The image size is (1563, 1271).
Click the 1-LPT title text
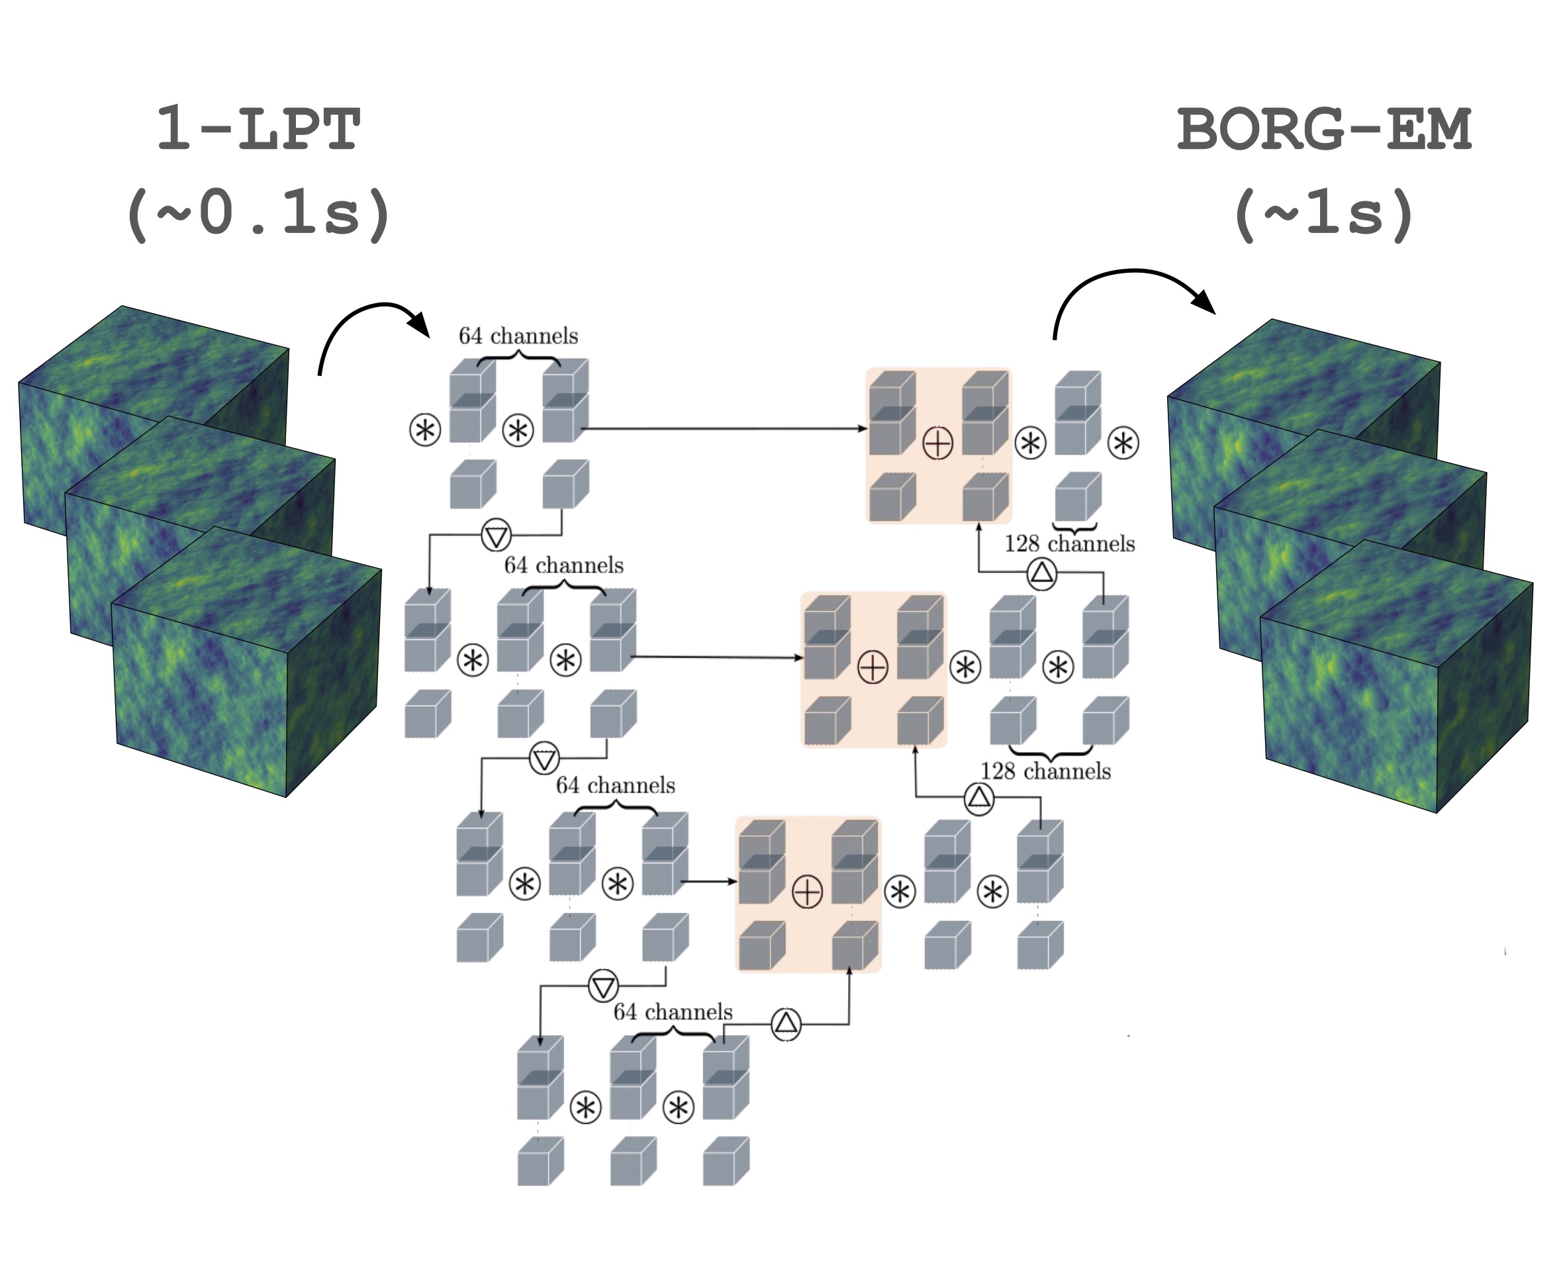point(258,129)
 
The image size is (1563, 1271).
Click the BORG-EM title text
point(1323,129)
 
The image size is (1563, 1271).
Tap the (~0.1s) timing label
point(258,214)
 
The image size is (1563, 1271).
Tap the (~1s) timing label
point(1323,214)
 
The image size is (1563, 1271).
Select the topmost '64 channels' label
point(518,336)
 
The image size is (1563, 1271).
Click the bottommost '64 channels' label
point(673,1012)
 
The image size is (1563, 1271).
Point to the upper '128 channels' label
point(1070,544)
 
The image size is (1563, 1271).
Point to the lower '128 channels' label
point(1045,771)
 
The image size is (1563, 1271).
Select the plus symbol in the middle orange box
point(872,667)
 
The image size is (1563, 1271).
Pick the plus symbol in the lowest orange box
point(808,892)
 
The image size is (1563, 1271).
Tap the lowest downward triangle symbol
point(603,986)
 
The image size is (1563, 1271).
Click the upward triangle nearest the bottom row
point(786,1023)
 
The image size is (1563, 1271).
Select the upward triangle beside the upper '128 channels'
point(1042,573)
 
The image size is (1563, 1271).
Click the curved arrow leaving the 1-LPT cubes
point(366,322)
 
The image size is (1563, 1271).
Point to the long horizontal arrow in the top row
point(725,428)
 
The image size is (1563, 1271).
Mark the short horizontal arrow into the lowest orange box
point(708,882)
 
